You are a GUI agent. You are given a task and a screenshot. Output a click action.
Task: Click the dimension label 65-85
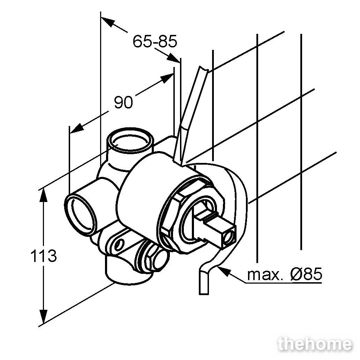click(155, 42)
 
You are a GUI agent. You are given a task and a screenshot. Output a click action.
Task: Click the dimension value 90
click(123, 103)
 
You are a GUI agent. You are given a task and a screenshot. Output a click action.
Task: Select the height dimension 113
click(43, 256)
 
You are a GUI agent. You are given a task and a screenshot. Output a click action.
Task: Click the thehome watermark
click(315, 344)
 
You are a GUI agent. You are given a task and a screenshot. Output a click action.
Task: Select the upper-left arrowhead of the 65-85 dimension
click(107, 22)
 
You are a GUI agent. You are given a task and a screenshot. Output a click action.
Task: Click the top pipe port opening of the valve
click(130, 140)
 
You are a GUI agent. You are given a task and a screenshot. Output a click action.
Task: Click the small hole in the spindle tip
click(229, 237)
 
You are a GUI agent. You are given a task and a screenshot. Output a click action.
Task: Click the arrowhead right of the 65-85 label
click(174, 58)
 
